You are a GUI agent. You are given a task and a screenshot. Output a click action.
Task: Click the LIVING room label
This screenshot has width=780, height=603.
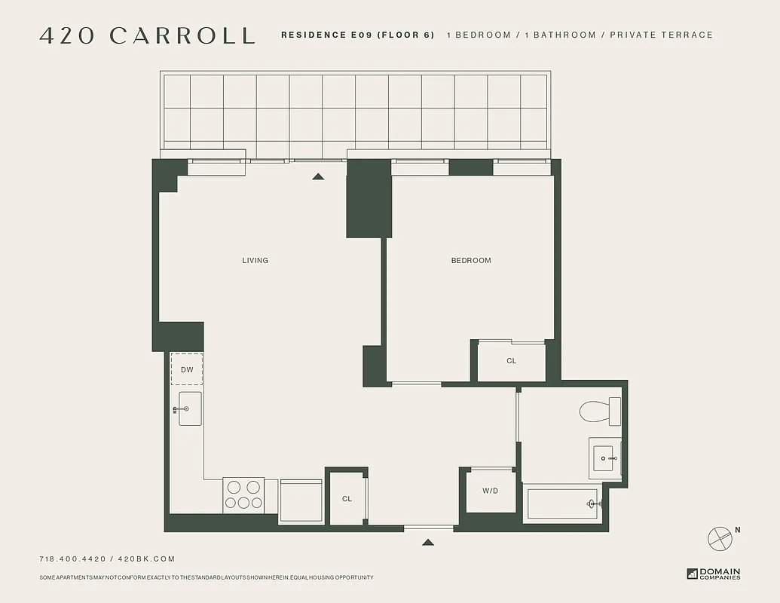pos(255,261)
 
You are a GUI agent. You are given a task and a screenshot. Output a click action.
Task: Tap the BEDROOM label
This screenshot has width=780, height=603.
pos(471,261)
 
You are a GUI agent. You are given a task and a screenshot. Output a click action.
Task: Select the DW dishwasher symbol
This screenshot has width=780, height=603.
pos(187,369)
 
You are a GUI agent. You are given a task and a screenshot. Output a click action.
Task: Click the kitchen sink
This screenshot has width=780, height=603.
pos(190,409)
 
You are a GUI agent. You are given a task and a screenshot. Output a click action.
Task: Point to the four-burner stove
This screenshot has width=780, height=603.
pos(243,495)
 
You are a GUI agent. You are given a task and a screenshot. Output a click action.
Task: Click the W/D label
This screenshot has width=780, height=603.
pos(491,491)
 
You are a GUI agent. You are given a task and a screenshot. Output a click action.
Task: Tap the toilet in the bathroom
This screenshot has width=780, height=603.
pos(599,412)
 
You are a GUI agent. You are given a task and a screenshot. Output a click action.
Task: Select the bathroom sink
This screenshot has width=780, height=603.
pos(605,457)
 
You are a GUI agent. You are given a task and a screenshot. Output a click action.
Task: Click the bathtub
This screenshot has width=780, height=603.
pos(564,504)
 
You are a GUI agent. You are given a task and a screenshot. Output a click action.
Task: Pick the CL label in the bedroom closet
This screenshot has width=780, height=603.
pos(512,361)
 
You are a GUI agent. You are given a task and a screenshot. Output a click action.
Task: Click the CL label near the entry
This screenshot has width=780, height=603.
pos(347,499)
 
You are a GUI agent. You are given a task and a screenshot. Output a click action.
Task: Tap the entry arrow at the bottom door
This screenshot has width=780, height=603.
pos(428,542)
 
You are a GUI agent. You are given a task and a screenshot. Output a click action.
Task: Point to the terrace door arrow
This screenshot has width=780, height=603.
pos(318,176)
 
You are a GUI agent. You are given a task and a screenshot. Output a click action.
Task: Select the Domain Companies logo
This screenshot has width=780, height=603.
pos(714,574)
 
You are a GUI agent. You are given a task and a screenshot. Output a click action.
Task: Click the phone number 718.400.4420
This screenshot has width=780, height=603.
pos(72,559)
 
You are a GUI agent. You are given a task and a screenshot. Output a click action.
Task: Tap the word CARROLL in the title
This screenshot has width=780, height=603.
pos(182,35)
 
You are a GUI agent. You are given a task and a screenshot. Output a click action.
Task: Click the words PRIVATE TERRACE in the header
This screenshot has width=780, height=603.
pos(661,35)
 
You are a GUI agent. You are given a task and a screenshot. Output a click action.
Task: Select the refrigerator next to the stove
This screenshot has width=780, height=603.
pos(301,500)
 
